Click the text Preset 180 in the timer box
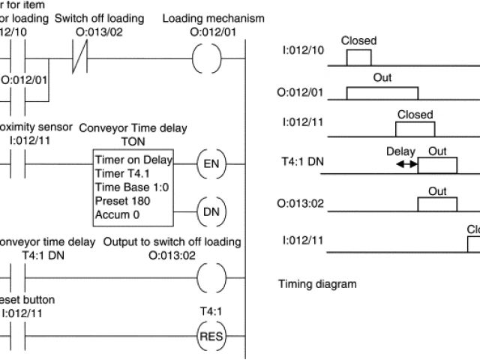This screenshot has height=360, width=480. pyautogui.click(x=123, y=201)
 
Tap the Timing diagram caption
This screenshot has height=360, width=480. pyautogui.click(x=317, y=284)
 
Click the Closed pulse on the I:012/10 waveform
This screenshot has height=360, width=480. pyautogui.click(x=358, y=57)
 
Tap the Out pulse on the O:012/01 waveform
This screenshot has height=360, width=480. pyautogui.click(x=382, y=93)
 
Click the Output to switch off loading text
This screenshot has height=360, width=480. pyautogui.click(x=172, y=241)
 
